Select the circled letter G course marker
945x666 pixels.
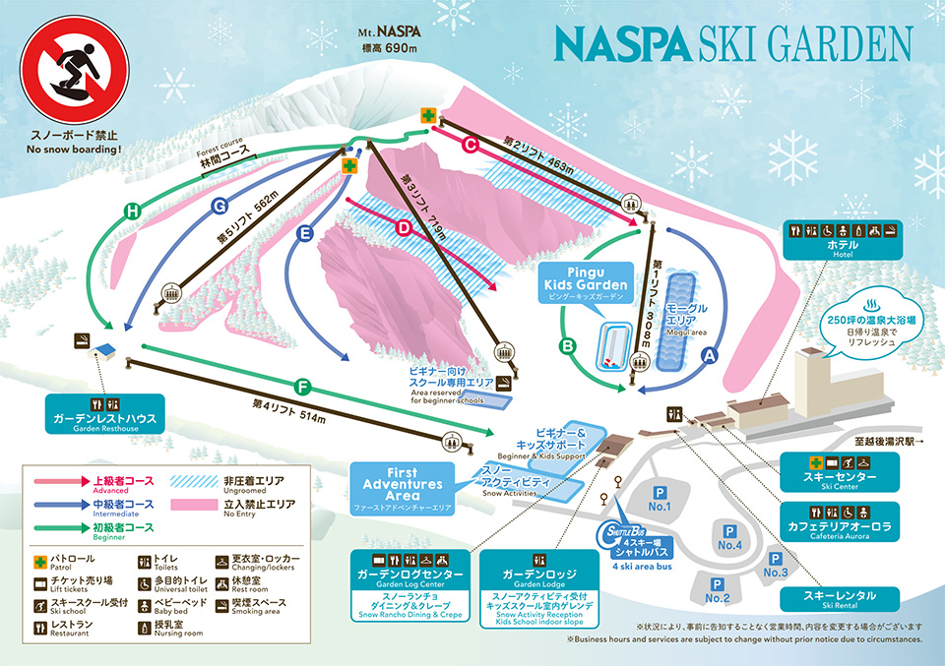pos(220,206)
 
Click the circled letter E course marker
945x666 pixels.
pos(304,233)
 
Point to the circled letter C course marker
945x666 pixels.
pos(471,146)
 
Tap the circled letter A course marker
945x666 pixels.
pos(710,360)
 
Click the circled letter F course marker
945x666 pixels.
pos(302,385)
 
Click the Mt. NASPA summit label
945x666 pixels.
pos(382,38)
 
